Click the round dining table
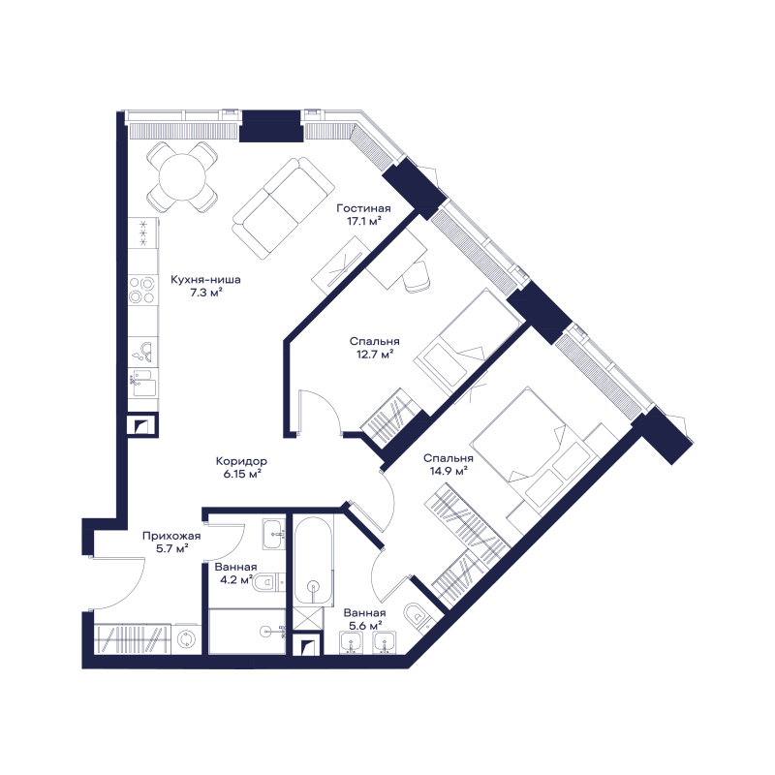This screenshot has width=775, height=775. point(182,175)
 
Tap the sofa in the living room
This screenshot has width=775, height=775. point(283,207)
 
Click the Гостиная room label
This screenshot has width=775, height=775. point(364,208)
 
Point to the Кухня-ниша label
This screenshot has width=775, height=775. point(205,280)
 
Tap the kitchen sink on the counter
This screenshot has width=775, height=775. point(143,352)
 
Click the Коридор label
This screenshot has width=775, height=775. point(241,461)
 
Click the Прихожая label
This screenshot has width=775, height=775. point(171,536)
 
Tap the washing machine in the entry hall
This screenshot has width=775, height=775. point(186,638)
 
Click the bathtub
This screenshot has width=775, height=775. point(313,561)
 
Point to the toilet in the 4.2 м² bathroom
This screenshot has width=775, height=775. point(269,583)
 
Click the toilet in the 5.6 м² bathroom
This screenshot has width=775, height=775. point(419,616)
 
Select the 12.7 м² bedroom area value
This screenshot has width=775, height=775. point(374,354)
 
